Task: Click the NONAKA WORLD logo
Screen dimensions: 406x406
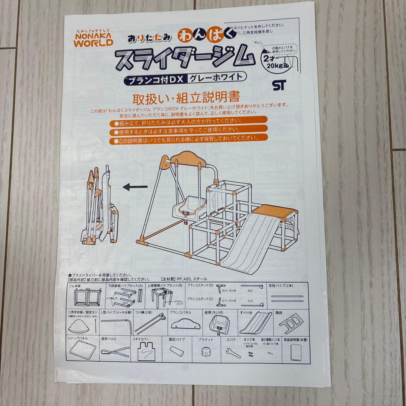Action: click(92, 38)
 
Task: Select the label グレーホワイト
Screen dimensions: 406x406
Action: click(217, 77)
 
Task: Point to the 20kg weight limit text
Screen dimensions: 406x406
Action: click(275, 66)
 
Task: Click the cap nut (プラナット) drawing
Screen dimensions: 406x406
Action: click(205, 353)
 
